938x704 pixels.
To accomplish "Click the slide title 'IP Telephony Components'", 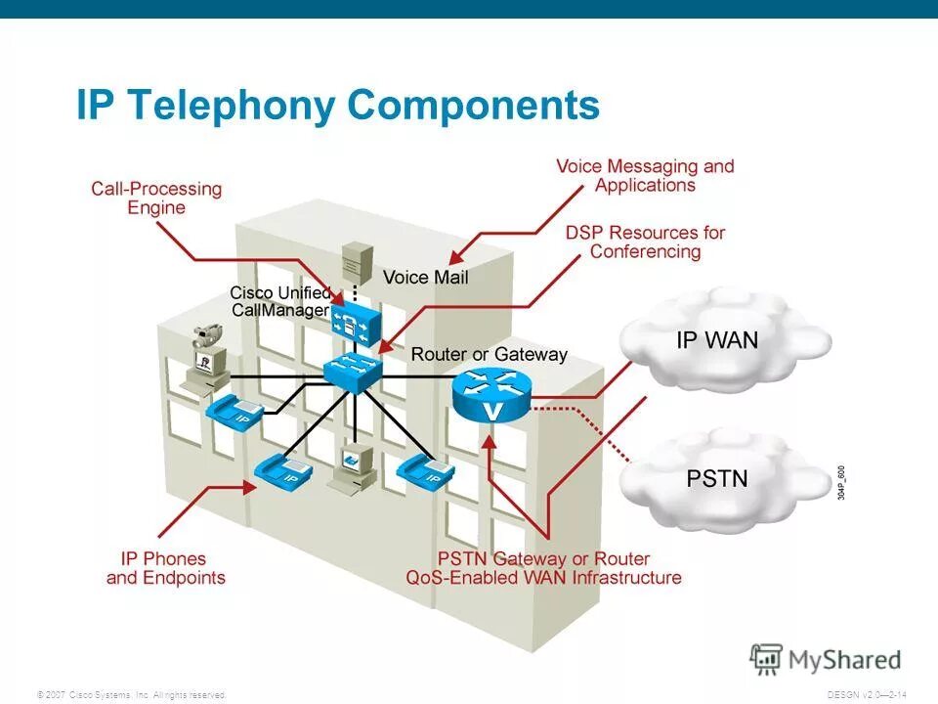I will (337, 106).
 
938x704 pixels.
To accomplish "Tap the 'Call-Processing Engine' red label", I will (156, 198).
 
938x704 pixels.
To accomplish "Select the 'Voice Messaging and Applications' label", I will (645, 176).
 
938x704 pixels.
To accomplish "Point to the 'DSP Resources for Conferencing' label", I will (645, 242).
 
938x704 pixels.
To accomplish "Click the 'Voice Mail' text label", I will (425, 278).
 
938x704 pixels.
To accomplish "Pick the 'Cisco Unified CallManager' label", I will (279, 301).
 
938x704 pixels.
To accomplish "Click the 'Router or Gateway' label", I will (489, 354).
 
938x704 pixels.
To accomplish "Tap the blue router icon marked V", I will (490, 396).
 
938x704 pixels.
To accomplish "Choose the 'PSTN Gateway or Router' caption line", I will (543, 559).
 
